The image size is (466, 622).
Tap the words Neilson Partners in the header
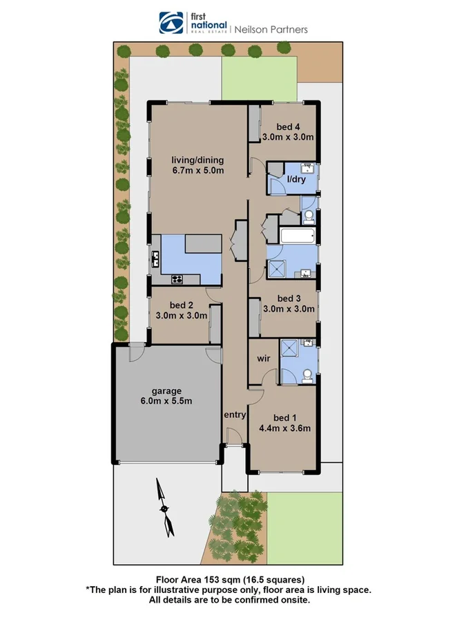(271, 30)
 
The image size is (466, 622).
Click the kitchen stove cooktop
(177, 279)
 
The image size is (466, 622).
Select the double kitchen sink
(156, 259)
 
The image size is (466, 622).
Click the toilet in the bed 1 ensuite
(308, 374)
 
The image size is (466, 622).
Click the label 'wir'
(263, 359)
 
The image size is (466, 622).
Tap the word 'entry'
(235, 415)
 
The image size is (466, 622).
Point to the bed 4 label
(288, 126)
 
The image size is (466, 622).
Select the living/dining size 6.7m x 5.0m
(198, 171)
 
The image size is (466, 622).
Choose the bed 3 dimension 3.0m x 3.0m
(288, 309)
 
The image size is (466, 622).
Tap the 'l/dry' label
(295, 180)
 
